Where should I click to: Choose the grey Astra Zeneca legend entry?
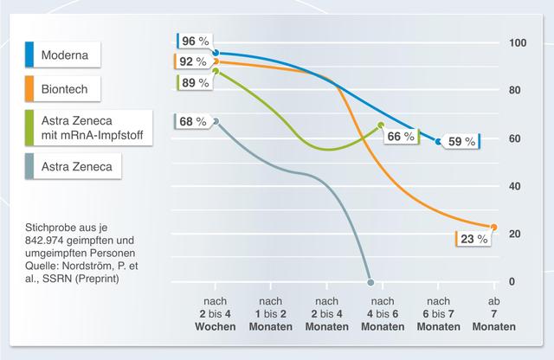(x=72, y=164)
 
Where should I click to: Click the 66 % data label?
(x=399, y=137)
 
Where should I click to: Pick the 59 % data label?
(x=461, y=141)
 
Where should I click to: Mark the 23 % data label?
(x=473, y=239)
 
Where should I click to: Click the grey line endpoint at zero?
(x=370, y=282)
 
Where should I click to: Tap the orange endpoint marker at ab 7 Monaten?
(x=494, y=227)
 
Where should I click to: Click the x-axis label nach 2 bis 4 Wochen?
(x=216, y=314)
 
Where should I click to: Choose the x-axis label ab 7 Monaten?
(x=494, y=314)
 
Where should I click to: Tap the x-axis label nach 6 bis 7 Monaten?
(x=439, y=314)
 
